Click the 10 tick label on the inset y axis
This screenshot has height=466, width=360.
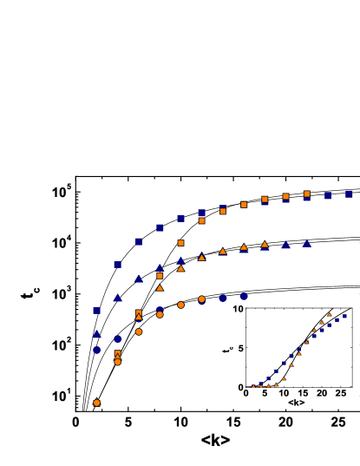click(238, 309)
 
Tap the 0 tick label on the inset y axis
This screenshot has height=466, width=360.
click(240, 387)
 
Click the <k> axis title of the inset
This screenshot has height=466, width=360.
click(296, 404)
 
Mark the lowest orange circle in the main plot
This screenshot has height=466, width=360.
click(96, 403)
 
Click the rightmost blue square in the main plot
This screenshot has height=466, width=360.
click(349, 194)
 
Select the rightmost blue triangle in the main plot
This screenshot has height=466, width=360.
click(306, 244)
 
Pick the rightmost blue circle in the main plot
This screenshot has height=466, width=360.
click(244, 296)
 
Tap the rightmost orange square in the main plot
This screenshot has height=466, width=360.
click(306, 194)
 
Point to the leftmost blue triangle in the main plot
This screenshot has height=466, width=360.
click(96, 333)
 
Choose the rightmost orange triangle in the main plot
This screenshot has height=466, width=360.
click(265, 245)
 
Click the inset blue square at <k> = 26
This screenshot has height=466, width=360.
click(344, 316)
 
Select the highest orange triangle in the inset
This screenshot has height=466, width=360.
click(329, 313)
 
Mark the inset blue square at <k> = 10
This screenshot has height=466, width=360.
click(284, 364)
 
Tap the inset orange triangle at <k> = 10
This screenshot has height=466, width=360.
click(284, 378)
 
